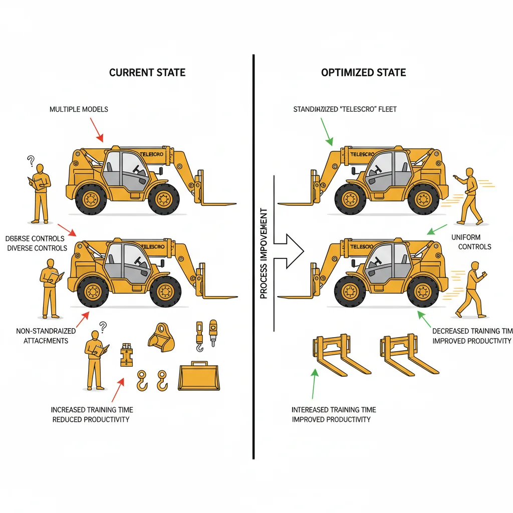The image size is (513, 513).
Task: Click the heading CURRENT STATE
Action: point(147,73)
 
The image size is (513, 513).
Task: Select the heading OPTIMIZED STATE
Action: point(363,73)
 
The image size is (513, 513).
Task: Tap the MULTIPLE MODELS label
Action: point(79,109)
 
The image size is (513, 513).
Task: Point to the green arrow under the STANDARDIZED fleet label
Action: point(325,131)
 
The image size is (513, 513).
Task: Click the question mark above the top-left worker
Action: point(31,161)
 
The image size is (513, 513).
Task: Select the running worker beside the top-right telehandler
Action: point(469,195)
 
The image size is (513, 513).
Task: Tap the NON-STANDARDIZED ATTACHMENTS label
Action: point(46,336)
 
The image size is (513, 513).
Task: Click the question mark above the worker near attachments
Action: point(103,327)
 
